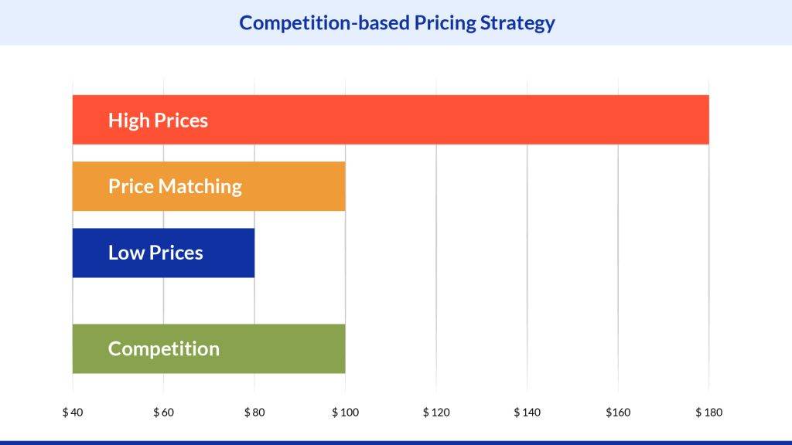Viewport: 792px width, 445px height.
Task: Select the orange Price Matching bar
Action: coord(294,186)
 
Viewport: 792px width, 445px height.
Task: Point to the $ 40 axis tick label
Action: coord(73,412)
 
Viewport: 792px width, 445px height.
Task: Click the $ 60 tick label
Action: coord(163,412)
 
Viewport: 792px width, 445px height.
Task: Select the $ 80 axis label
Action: coord(254,412)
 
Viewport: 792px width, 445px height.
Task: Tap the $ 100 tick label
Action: coord(345,412)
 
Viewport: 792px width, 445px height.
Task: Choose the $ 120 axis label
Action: coord(436,412)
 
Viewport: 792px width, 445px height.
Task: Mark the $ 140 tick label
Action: coord(527,412)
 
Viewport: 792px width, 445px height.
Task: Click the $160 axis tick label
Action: coord(618,412)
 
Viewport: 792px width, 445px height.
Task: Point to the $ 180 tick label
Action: coord(708,412)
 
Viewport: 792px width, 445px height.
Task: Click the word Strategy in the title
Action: coord(517,22)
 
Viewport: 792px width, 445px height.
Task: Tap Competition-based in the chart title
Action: coord(324,22)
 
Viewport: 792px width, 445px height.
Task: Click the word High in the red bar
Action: coord(128,121)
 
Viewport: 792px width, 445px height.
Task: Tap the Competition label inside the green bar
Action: coord(164,349)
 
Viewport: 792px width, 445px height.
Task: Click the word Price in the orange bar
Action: coord(131,186)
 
